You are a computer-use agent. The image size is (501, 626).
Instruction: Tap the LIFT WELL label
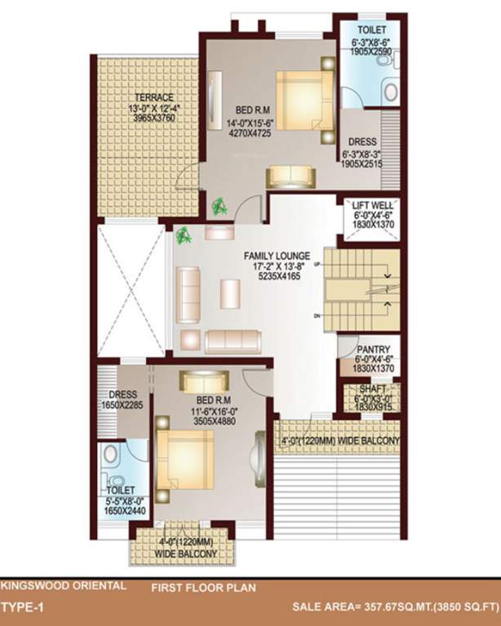click(372, 205)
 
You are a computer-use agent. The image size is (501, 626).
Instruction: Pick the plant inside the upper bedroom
click(219, 207)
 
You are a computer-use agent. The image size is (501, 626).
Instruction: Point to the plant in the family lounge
click(183, 236)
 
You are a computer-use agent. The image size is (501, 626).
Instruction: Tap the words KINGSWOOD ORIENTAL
click(64, 585)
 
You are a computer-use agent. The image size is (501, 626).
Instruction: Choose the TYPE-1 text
click(22, 607)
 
